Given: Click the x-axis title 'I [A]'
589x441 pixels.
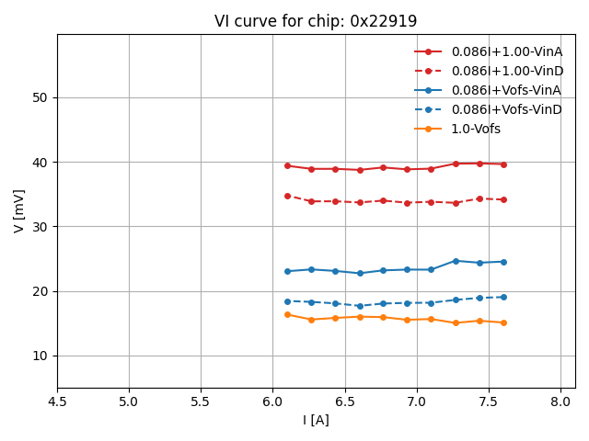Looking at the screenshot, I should tap(316, 420).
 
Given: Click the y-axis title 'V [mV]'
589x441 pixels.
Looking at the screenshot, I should tap(19, 210).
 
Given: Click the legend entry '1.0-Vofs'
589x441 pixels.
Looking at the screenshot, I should tap(476, 129).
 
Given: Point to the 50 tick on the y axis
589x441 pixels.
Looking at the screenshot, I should tap(40, 97).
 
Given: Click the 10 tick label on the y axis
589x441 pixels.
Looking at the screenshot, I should tap(40, 356).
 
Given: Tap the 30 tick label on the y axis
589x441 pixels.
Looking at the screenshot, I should tap(40, 227).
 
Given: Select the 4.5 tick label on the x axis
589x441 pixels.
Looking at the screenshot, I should tap(57, 401).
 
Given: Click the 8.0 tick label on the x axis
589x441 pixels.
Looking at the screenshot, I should tap(560, 401).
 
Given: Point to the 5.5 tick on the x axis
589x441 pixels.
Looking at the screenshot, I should tap(201, 401).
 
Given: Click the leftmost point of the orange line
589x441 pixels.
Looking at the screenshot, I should tap(287, 314).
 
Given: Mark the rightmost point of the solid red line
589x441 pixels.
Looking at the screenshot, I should tap(503, 164).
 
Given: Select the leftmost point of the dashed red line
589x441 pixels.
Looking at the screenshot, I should tap(287, 196).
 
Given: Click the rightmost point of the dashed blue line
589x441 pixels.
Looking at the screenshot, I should tap(503, 297).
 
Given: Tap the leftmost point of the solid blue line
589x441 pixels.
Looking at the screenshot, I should tap(287, 271).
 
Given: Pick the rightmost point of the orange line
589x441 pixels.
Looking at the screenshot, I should tap(503, 322).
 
